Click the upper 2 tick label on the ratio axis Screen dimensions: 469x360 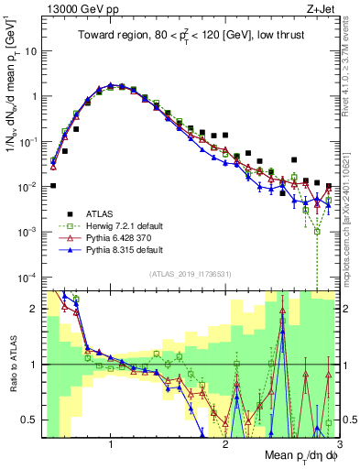click(x=33, y=308)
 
